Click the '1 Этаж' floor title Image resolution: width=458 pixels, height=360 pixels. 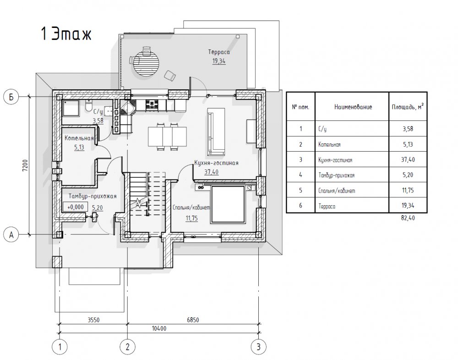(66, 34)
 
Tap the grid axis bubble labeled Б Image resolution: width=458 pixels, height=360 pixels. (11, 97)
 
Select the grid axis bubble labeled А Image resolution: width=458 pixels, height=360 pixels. (11, 235)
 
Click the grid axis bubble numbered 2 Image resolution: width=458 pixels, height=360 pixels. (127, 347)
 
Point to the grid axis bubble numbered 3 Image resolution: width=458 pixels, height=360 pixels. (258, 347)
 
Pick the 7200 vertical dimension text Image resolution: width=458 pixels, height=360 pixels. (25, 165)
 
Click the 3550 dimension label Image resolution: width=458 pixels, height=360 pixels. (93, 320)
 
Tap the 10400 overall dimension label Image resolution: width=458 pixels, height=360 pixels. (159, 328)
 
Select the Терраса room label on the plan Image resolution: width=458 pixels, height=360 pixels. (219, 52)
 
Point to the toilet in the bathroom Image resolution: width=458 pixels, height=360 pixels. (89, 105)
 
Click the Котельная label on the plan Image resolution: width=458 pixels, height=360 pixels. (79, 138)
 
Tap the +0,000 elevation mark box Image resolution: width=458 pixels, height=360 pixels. (76, 207)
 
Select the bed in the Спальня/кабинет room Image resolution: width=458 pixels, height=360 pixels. (227, 204)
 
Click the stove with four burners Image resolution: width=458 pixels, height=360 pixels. (153, 104)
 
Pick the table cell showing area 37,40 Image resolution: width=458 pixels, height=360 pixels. (408, 159)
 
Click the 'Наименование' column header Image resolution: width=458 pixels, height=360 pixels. (353, 107)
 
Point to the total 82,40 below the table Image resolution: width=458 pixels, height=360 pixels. (408, 218)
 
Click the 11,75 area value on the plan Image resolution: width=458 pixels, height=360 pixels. (191, 218)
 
